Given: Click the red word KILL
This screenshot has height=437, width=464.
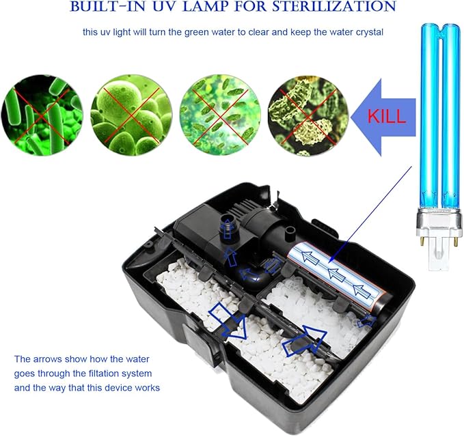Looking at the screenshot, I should point(387,115).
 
